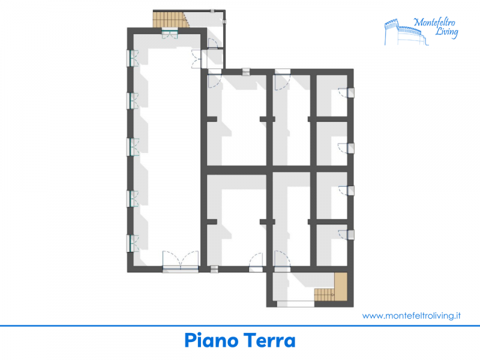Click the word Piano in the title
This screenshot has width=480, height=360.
[x=211, y=340]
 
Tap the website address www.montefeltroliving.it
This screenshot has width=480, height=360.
[x=412, y=316]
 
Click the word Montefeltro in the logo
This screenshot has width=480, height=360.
[x=434, y=22]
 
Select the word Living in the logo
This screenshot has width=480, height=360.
[x=446, y=32]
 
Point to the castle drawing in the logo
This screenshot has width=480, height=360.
[x=406, y=32]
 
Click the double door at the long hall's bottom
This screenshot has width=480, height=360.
[x=181, y=262]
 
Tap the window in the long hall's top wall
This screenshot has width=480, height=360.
[x=170, y=32]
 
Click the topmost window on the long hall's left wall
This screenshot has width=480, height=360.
[x=132, y=58]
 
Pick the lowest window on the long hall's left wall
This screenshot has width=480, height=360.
[x=132, y=244]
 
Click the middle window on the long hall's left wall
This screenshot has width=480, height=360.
[x=132, y=147]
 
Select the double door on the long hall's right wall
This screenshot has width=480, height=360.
[x=197, y=59]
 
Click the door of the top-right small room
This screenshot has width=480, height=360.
[x=347, y=93]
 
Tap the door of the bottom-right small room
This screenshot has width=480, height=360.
[x=347, y=235]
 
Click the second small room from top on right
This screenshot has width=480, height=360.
[x=332, y=144]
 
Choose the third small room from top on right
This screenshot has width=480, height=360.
[x=332, y=196]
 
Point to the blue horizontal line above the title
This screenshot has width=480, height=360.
[x=240, y=326]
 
